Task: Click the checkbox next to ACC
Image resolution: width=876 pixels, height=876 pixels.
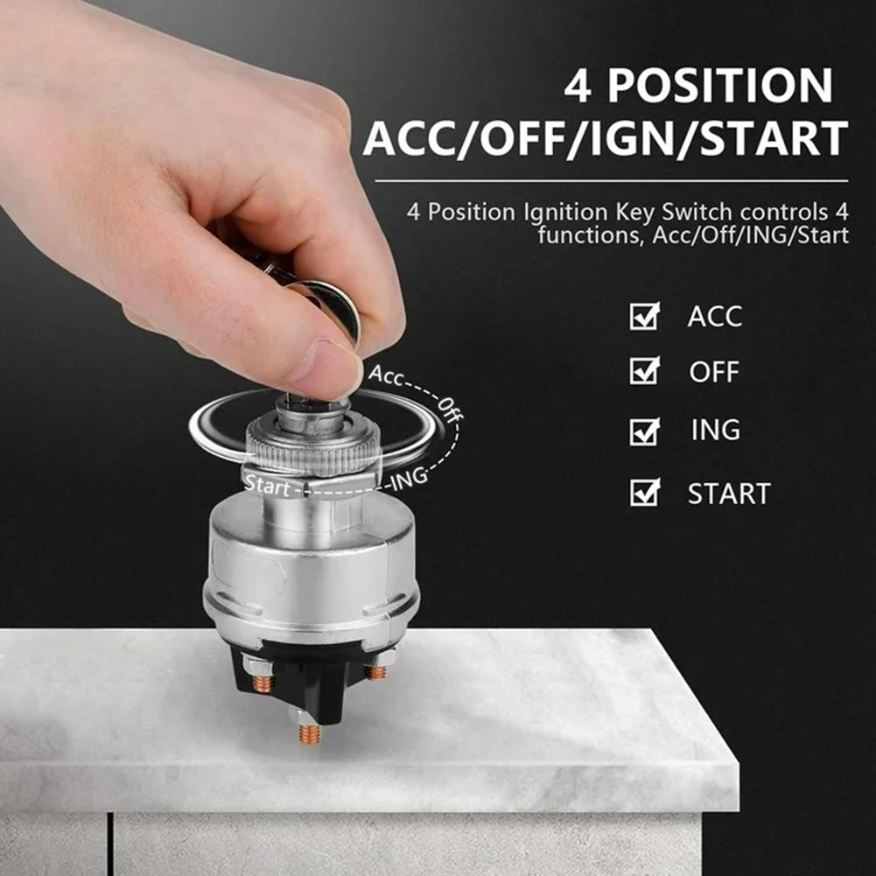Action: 644,316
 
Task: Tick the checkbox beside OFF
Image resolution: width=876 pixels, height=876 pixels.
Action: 644,370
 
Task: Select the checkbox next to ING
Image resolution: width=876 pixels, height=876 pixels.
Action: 644,431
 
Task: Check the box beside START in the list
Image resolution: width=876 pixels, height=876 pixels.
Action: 644,492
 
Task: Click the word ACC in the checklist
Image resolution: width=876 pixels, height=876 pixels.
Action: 715,317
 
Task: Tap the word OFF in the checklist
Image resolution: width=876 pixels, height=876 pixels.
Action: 714,372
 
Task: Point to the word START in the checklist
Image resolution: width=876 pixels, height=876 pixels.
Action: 729,494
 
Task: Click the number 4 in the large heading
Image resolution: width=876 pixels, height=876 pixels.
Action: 578,86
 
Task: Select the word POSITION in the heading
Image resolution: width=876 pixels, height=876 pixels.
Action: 720,86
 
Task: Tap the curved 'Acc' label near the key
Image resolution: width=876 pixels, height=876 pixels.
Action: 385,375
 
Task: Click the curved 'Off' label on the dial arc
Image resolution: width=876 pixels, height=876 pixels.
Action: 450,410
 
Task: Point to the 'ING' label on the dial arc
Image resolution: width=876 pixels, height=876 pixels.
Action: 409,479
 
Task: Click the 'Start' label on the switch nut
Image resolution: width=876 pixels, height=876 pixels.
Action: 268,485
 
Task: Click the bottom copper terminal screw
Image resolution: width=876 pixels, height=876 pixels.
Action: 309,733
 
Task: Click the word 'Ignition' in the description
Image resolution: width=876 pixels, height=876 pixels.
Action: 565,213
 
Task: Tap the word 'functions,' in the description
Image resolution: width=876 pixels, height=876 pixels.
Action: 591,235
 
